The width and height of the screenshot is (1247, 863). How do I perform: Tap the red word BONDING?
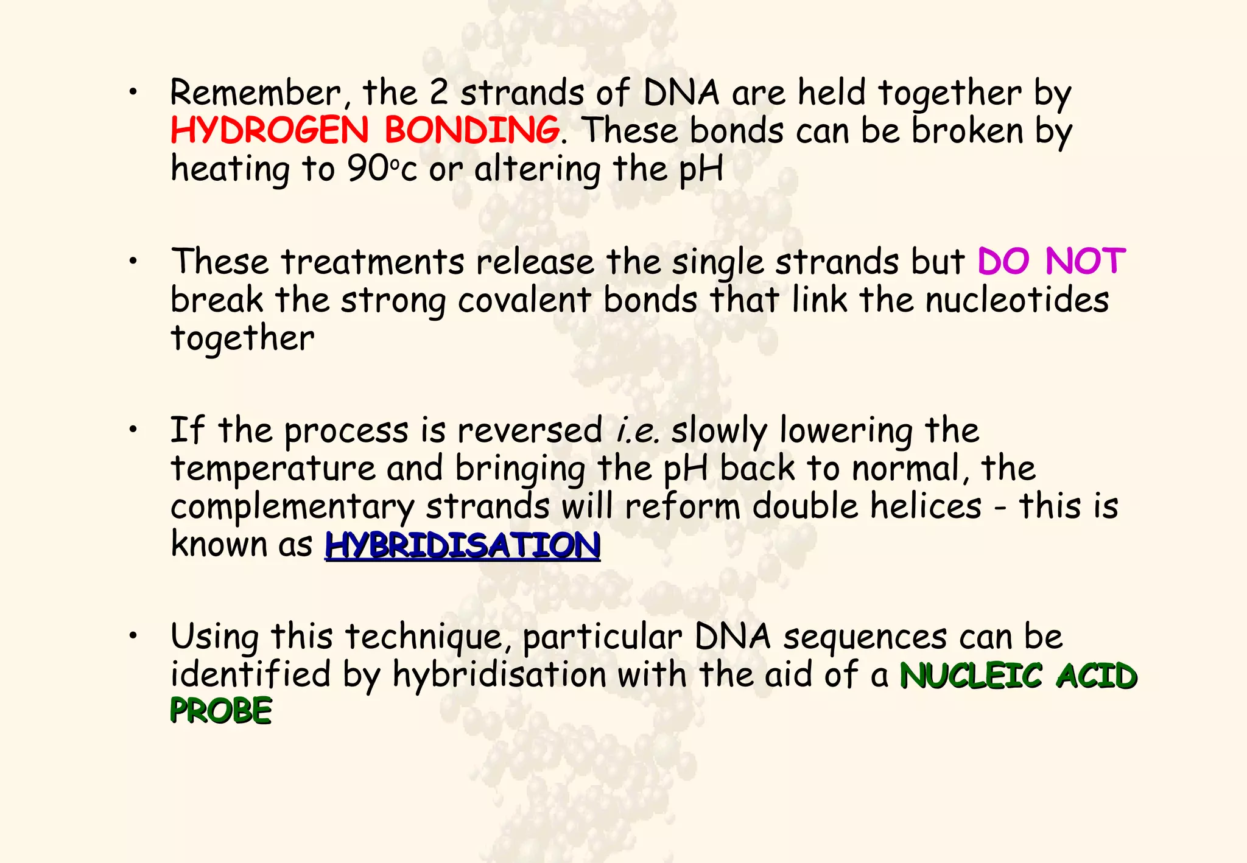471,130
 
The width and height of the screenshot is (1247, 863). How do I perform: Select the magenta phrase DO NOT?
1051,262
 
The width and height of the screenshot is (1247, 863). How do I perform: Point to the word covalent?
524,300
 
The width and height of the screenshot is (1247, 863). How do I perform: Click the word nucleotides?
1017,300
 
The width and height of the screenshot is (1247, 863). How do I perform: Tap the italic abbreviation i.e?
638,431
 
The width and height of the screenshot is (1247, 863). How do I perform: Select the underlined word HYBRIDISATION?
463,545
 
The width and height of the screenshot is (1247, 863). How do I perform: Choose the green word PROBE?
220,711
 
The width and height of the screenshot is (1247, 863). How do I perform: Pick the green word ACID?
1096,676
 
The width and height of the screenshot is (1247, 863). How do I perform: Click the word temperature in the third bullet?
273,469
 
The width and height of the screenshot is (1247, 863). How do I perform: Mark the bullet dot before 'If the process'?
132,430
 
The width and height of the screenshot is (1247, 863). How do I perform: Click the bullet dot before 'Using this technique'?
132,636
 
